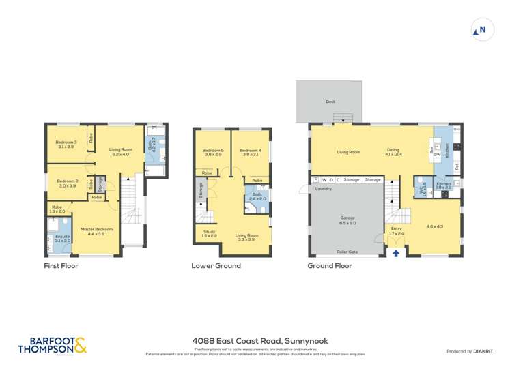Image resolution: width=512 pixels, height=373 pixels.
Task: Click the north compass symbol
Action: click(x=482, y=30)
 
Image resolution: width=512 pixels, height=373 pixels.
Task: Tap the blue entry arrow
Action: click(x=397, y=253)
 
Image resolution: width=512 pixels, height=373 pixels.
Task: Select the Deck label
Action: click(x=330, y=102)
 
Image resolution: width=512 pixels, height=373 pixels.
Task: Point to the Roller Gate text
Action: click(x=347, y=252)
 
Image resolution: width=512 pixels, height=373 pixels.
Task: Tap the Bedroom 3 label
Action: click(x=66, y=144)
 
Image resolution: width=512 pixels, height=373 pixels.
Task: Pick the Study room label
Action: click(x=210, y=233)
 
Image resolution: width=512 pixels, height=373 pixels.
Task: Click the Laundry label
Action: click(x=324, y=188)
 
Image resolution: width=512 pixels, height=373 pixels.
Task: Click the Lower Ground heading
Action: click(x=216, y=266)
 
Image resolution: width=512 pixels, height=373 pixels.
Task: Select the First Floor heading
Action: click(x=61, y=266)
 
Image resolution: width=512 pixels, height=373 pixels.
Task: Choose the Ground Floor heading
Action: click(x=330, y=266)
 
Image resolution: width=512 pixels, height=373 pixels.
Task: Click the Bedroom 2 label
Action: click(x=68, y=183)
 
